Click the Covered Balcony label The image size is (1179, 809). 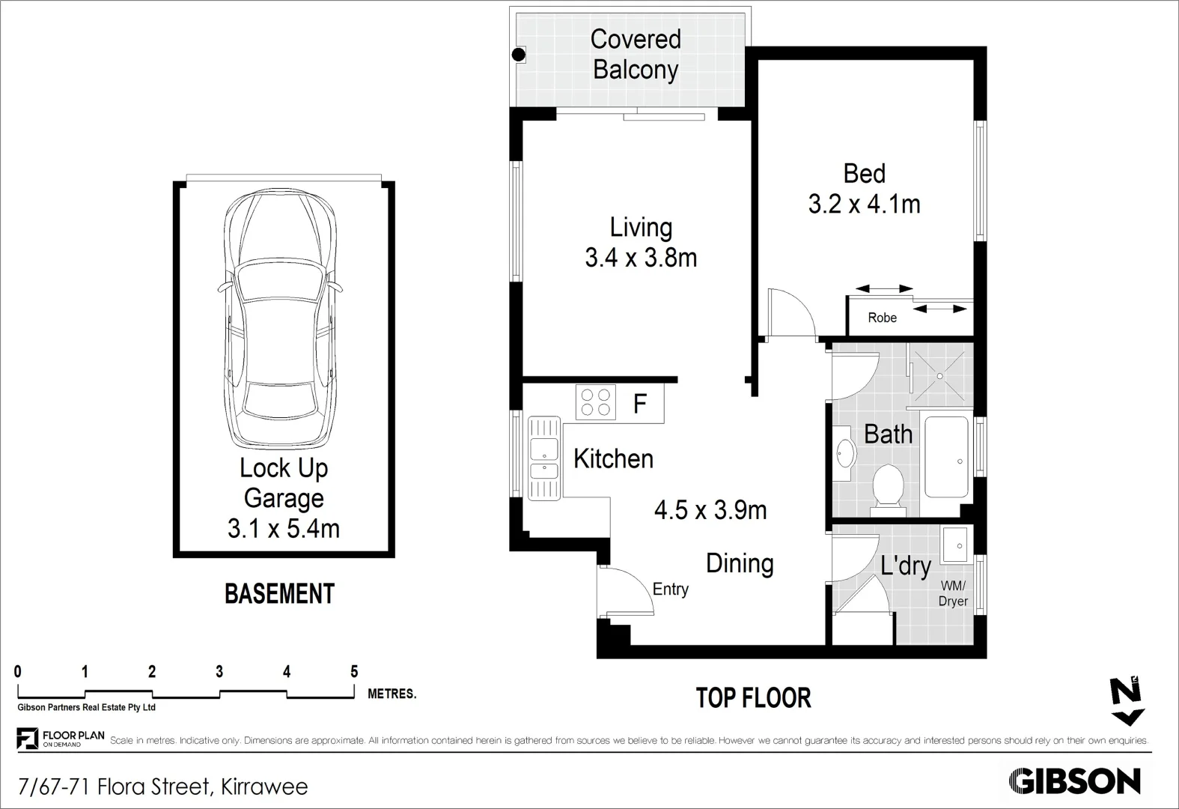(636, 54)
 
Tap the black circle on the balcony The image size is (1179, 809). (517, 55)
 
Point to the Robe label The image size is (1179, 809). (882, 318)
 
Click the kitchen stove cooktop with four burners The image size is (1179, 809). (595, 402)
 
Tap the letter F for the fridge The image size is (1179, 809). (639, 404)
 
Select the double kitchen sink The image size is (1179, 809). (544, 458)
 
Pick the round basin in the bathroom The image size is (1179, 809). (847, 453)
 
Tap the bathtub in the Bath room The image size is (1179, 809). (946, 458)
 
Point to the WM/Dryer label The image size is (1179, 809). (953, 593)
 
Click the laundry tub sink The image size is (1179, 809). (956, 544)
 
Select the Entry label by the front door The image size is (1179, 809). (670, 590)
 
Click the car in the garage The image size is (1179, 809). (280, 318)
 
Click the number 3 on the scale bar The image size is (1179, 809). (219, 672)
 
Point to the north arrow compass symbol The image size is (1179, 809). (1127, 703)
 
